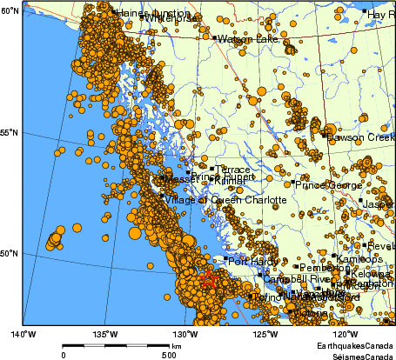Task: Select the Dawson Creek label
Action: [x=360, y=137]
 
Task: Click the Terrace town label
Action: [x=232, y=170]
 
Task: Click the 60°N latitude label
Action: [x=10, y=10]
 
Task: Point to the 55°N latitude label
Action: [x=10, y=132]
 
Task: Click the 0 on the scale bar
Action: [x=64, y=355]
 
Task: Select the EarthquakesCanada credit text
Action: [x=354, y=346]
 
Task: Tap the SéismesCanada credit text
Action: [x=357, y=355]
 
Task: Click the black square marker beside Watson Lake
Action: [x=214, y=37]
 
